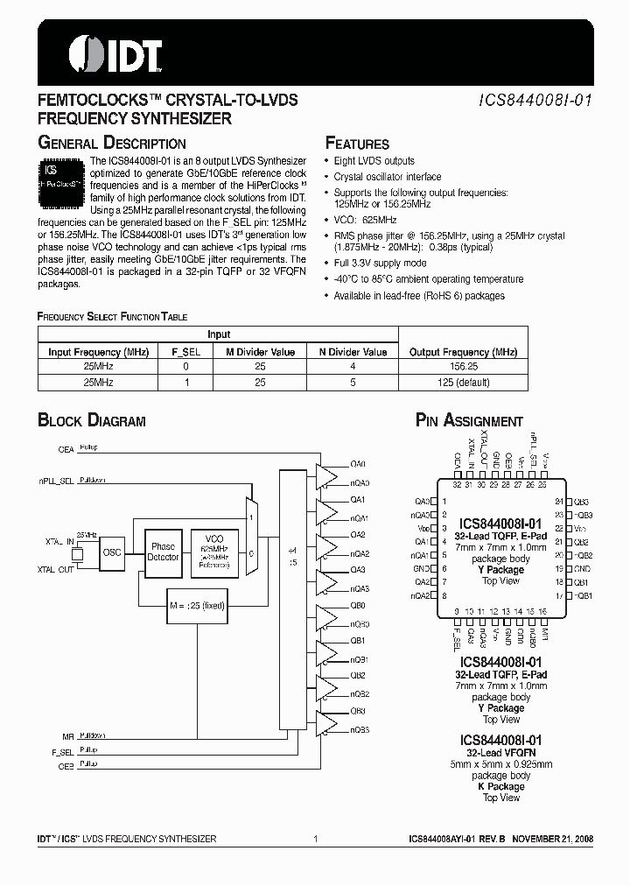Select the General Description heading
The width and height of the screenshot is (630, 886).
point(112,144)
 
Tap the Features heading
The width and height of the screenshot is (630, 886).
point(357,144)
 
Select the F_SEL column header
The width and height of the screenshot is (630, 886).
point(185,352)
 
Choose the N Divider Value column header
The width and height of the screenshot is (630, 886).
point(352,352)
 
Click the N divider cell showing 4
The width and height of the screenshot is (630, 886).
point(352,368)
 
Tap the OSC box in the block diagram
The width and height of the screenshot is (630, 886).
point(112,552)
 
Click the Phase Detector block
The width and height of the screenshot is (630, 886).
point(164,552)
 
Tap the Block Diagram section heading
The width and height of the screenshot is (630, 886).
point(92,421)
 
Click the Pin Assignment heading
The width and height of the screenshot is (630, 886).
point(469,421)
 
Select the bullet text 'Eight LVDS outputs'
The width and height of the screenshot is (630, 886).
point(374,161)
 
